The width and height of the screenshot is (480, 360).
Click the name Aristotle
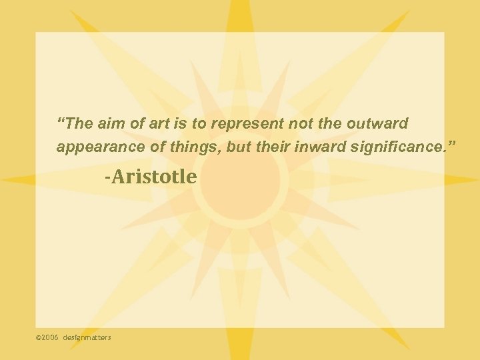155,177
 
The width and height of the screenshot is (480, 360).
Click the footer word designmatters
87,338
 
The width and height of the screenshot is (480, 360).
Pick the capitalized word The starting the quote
79,124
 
